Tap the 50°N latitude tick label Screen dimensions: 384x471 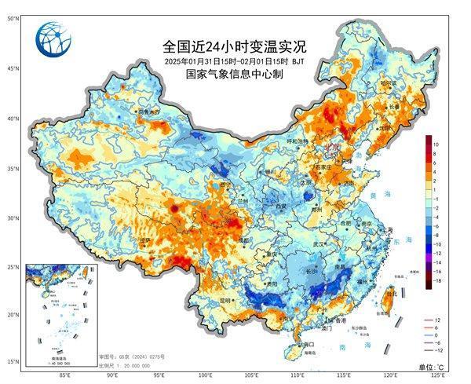click(x=13, y=18)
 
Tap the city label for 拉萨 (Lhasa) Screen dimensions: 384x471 click(x=144, y=240)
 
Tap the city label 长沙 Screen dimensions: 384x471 click(x=312, y=271)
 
